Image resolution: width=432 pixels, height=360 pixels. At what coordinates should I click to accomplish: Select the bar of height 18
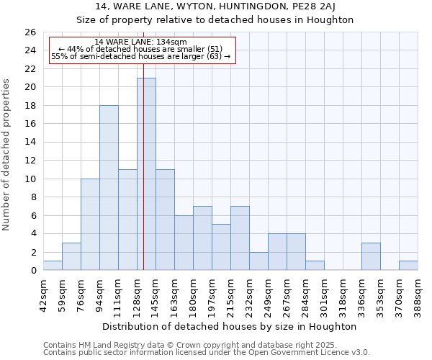click(109, 188)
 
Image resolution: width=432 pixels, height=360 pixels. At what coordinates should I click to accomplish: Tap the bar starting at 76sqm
click(90, 225)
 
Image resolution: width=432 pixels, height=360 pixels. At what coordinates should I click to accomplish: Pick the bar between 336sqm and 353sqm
click(371, 257)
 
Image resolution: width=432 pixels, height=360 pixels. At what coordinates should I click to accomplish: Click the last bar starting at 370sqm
click(408, 266)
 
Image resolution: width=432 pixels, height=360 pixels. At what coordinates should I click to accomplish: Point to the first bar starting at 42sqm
click(53, 266)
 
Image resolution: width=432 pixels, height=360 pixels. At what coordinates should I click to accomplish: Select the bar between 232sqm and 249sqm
click(258, 261)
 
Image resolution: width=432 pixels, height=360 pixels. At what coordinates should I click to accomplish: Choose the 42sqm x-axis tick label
click(44, 292)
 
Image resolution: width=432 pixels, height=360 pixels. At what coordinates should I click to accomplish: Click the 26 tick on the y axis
click(30, 32)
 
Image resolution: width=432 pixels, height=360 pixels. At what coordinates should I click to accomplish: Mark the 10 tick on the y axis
click(30, 179)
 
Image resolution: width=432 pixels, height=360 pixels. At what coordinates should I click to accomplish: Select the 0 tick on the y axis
click(33, 271)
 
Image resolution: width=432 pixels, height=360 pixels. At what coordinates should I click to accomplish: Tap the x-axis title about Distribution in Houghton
click(230, 326)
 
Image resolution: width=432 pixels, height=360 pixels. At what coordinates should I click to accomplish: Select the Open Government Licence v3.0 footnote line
click(207, 353)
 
